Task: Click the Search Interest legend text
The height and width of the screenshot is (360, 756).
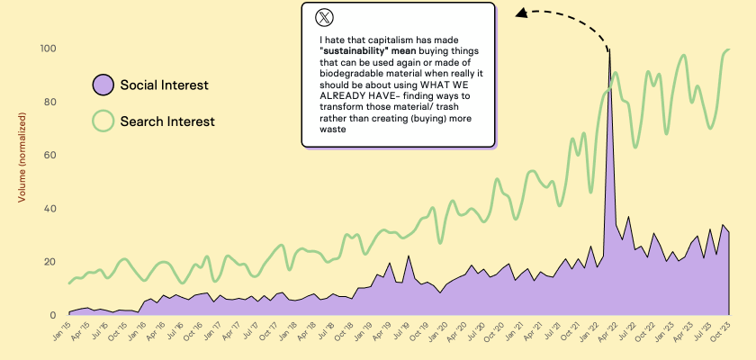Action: tap(168, 120)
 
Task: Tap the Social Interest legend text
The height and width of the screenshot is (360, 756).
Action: tap(165, 85)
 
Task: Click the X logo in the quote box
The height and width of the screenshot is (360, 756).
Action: tap(324, 17)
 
